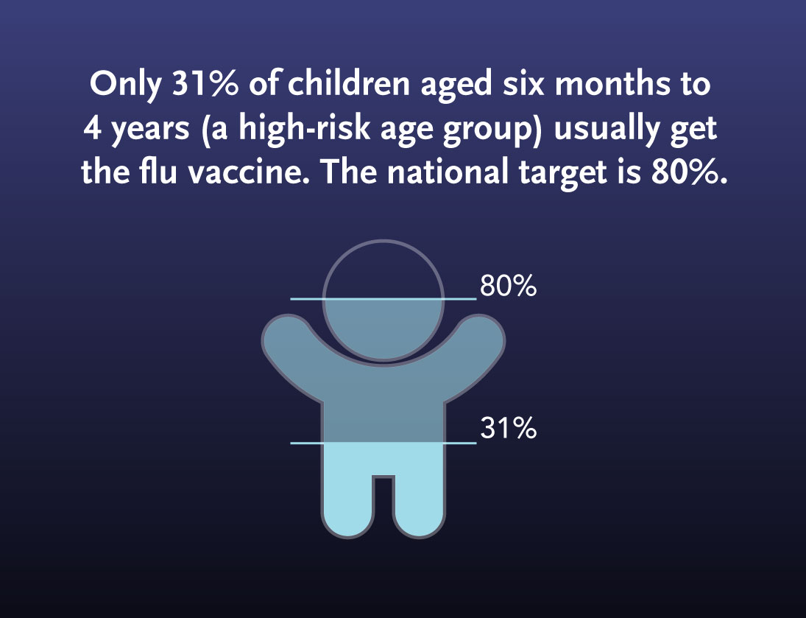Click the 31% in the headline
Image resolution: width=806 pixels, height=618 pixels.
point(205,84)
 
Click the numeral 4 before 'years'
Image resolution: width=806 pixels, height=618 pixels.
point(92,128)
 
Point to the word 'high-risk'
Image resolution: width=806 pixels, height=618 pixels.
point(304,129)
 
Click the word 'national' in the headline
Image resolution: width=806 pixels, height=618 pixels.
point(448,172)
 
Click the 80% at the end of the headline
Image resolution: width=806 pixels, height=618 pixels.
point(689,172)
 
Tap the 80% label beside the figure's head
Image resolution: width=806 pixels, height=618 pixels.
point(509,286)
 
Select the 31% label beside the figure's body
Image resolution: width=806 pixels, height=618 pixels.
point(509,428)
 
